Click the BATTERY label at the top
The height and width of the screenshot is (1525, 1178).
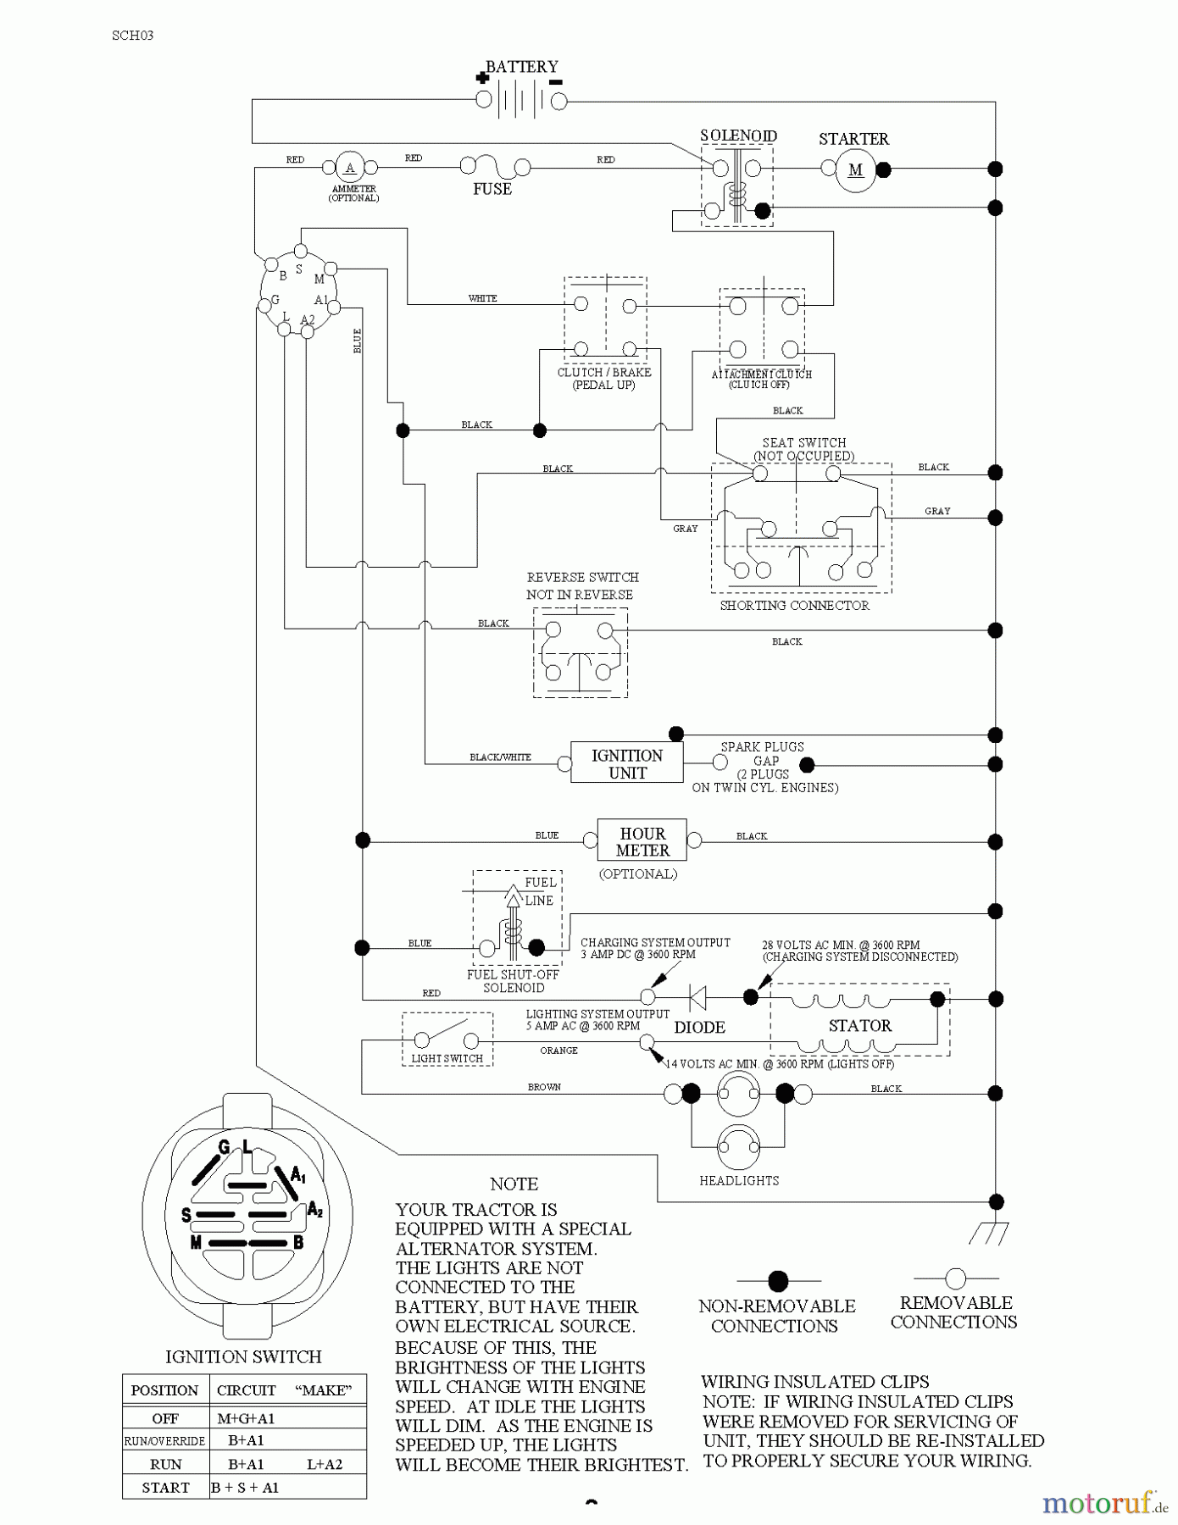pos(521,66)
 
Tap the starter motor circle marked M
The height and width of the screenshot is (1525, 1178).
pos(855,169)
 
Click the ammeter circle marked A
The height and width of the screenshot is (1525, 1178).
pos(349,168)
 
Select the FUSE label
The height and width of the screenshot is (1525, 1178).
pos(492,189)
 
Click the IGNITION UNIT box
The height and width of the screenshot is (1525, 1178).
pos(626,763)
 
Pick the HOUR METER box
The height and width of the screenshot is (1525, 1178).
pos(642,841)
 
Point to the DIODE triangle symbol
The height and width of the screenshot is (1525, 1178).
pos(697,998)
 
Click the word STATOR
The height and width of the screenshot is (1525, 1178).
pos(860,1025)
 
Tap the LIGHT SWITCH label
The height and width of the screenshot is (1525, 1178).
pos(447,1058)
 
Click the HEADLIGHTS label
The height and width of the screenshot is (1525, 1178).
pos(739,1180)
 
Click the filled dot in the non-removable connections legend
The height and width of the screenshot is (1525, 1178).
pos(778,1280)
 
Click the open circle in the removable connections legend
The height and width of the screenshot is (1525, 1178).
pos(955,1278)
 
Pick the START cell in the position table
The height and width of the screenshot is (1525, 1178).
pos(165,1487)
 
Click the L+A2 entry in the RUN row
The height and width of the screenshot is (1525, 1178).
pos(325,1464)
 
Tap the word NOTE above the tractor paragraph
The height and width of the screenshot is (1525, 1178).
pos(514,1184)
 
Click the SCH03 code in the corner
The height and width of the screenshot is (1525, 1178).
pos(132,36)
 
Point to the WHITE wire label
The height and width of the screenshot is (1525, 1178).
pos(482,298)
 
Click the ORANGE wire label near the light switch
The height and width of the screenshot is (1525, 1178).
pos(558,1051)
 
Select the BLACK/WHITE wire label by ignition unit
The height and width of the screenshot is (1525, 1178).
pos(500,757)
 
